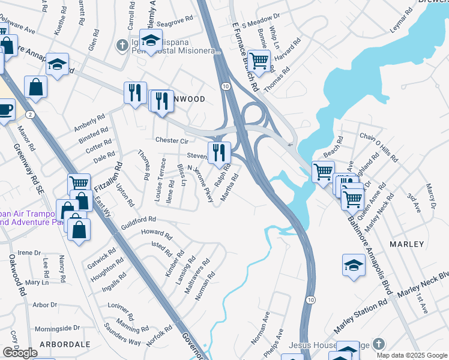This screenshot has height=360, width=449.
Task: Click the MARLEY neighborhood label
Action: click(406, 245)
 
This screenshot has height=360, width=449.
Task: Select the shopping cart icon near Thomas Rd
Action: click(259, 60)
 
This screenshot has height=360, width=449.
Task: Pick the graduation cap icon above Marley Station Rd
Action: click(354, 264)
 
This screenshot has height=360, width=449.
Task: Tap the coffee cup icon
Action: click(5, 110)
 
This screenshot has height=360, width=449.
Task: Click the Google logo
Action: click(19, 353)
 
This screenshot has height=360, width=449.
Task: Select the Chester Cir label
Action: click(172, 140)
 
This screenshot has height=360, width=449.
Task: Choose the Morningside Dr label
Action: click(57, 328)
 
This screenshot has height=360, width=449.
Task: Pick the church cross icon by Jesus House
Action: click(378, 344)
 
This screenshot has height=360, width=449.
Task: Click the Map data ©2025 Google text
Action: click(412, 355)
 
